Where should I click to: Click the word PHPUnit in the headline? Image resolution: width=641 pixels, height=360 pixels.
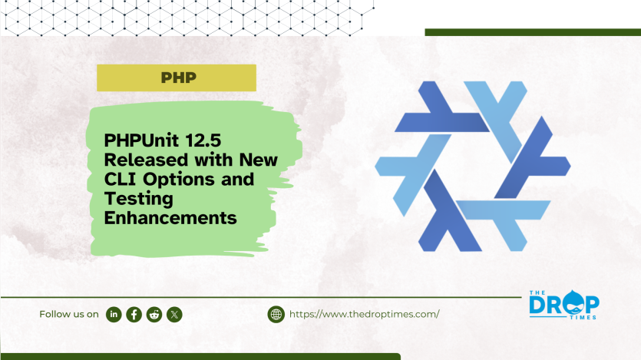click(144, 142)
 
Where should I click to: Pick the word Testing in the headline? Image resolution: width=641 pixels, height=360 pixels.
click(135, 199)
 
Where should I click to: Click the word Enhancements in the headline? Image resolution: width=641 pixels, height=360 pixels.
click(169, 218)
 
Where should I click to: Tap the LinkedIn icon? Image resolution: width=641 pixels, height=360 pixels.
click(114, 314)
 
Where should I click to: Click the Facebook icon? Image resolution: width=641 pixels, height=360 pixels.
click(134, 314)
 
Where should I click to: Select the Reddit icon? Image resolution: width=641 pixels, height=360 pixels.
click(154, 314)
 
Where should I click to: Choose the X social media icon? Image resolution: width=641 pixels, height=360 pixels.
click(174, 314)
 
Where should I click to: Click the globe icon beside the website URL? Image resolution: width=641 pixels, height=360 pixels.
click(276, 314)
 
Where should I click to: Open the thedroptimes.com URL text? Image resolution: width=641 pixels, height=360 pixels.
click(364, 314)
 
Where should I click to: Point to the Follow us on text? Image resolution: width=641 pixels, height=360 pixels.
click(69, 314)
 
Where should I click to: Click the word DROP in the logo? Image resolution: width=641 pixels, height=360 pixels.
click(565, 303)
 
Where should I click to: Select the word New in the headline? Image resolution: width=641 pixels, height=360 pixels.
click(259, 161)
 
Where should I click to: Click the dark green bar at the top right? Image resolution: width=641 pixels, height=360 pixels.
click(532, 32)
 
